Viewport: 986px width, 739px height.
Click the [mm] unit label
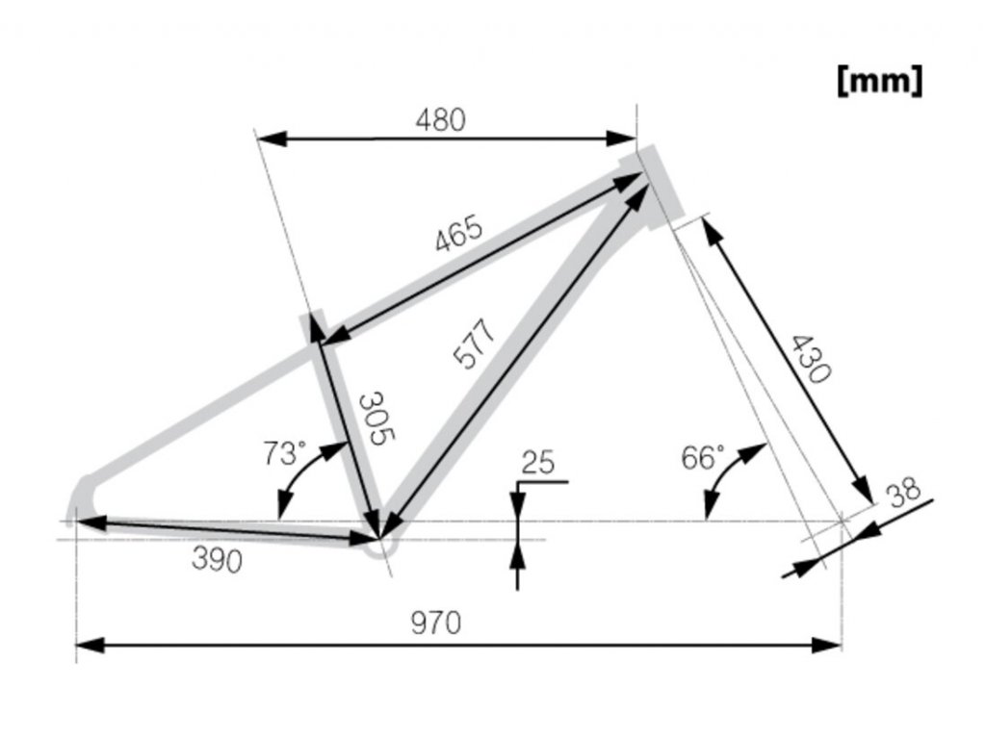coord(880,81)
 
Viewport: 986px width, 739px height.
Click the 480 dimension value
coord(440,119)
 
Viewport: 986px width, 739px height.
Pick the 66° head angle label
coord(703,456)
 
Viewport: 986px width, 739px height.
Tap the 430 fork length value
coord(807,358)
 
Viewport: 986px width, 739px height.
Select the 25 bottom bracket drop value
coord(538,463)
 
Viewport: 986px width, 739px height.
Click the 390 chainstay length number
coord(217,560)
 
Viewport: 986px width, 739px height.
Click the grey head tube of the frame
coord(657,187)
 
